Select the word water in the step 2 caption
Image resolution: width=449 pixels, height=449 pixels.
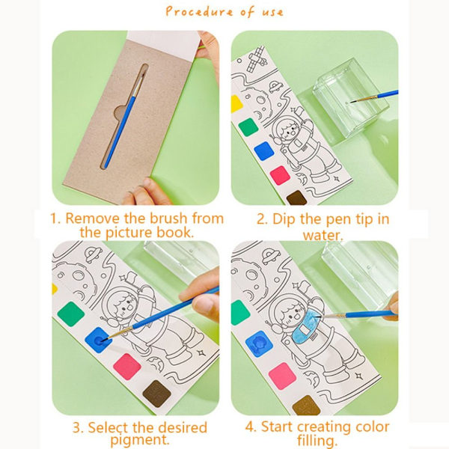click(x=323, y=236)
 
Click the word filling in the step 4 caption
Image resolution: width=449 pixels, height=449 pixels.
click(x=316, y=441)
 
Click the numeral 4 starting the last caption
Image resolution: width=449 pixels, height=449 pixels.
click(x=250, y=427)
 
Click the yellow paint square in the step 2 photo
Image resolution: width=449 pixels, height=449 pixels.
click(x=236, y=104)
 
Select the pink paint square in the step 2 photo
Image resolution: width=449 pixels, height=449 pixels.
click(x=280, y=175)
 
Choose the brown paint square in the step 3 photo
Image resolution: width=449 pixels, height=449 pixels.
click(x=156, y=394)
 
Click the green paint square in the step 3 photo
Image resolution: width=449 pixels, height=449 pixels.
click(x=71, y=314)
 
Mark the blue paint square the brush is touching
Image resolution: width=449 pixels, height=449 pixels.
click(x=98, y=340)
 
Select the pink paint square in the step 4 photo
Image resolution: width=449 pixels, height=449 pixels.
click(x=282, y=376)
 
